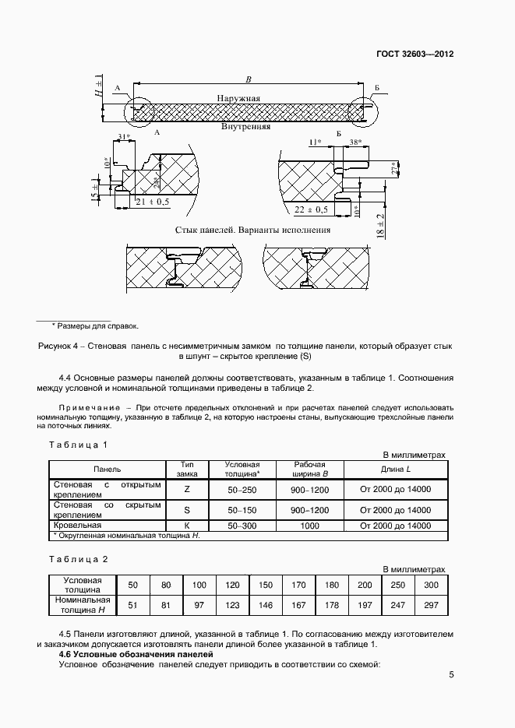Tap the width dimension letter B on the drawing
click(x=248, y=79)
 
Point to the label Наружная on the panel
click(x=239, y=99)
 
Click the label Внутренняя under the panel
click(x=245, y=125)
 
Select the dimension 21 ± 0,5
click(x=151, y=202)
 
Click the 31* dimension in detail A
click(x=121, y=138)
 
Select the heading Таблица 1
click(x=78, y=445)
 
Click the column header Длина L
click(x=395, y=470)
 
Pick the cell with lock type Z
click(x=186, y=490)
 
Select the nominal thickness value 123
click(x=232, y=604)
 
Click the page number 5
click(x=451, y=674)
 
